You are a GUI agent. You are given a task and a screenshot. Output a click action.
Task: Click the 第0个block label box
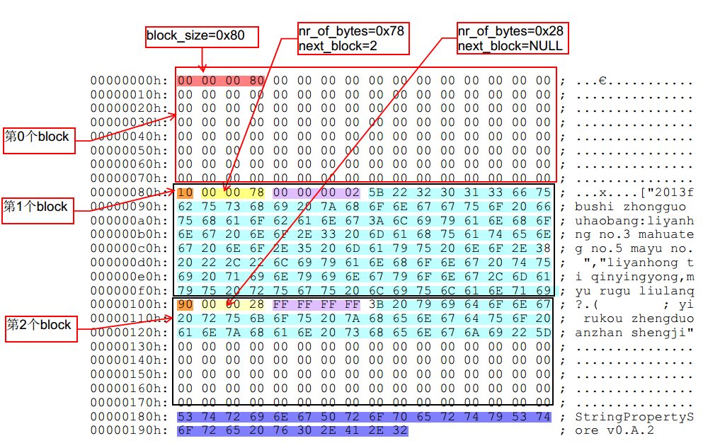click(x=38, y=136)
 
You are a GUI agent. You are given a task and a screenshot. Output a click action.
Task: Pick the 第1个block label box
click(x=38, y=207)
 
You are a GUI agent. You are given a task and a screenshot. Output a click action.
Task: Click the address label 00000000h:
click(x=130, y=81)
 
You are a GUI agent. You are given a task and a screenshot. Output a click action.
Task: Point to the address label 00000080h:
click(x=130, y=193)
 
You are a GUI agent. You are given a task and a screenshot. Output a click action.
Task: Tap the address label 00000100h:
click(x=130, y=304)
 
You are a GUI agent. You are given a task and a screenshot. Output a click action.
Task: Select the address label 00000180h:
click(x=130, y=416)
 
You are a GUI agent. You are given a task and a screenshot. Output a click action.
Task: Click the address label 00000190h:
click(x=130, y=430)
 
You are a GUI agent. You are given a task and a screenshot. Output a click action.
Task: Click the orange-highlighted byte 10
click(x=185, y=193)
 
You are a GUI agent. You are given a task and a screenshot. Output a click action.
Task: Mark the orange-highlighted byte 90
click(x=185, y=304)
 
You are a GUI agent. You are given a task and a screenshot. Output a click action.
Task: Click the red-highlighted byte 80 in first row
click(x=256, y=81)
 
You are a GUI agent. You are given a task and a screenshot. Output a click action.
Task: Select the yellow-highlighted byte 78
click(x=256, y=193)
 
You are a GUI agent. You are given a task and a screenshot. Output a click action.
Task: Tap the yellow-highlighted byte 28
click(x=256, y=304)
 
